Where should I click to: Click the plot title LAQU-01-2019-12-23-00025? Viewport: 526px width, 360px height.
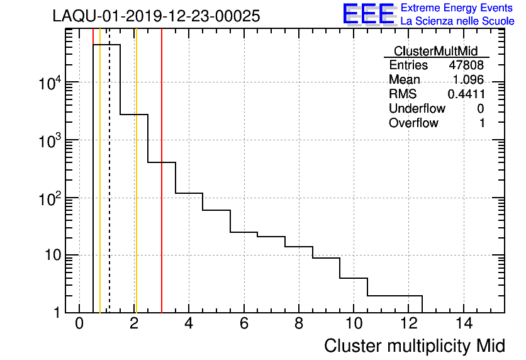(156, 16)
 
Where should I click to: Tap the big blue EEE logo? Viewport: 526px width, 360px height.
(369, 14)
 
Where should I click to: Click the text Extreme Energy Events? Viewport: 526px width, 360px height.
(457, 8)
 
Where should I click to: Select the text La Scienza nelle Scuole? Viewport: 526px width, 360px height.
(457, 21)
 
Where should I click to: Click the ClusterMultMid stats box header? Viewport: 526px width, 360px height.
(435, 51)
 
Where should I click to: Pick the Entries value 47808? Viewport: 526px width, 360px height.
(466, 65)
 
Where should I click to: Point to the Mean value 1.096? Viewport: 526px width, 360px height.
(468, 80)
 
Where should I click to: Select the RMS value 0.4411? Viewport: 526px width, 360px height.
(466, 94)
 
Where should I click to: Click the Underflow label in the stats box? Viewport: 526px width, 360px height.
(417, 108)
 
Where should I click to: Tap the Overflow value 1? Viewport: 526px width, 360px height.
(482, 123)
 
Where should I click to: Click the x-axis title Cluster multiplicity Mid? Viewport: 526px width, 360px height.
(414, 346)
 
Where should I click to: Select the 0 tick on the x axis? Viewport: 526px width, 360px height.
(79, 324)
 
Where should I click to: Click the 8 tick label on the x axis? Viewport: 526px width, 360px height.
(299, 324)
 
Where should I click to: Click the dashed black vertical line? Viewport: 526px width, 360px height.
(109, 189)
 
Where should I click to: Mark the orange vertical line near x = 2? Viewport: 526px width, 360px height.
(135, 189)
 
